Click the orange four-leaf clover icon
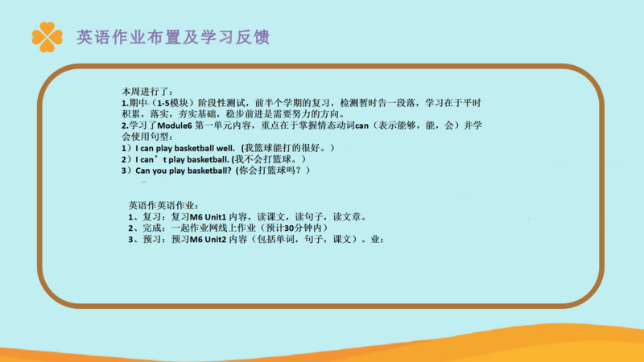click(x=47, y=37)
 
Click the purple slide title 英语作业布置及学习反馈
click(x=173, y=37)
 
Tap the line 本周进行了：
click(x=147, y=92)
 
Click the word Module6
click(x=175, y=125)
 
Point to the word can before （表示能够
click(x=361, y=126)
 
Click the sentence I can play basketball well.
click(x=185, y=148)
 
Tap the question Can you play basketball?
click(x=184, y=171)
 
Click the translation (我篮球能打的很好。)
click(x=288, y=148)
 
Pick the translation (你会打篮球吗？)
click(x=273, y=171)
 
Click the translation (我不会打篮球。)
click(x=269, y=159)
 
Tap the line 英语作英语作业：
click(x=163, y=205)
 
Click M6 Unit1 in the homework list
click(x=208, y=216)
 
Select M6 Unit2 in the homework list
click(x=208, y=239)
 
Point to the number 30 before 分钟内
click(x=289, y=228)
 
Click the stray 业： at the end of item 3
click(x=377, y=239)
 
